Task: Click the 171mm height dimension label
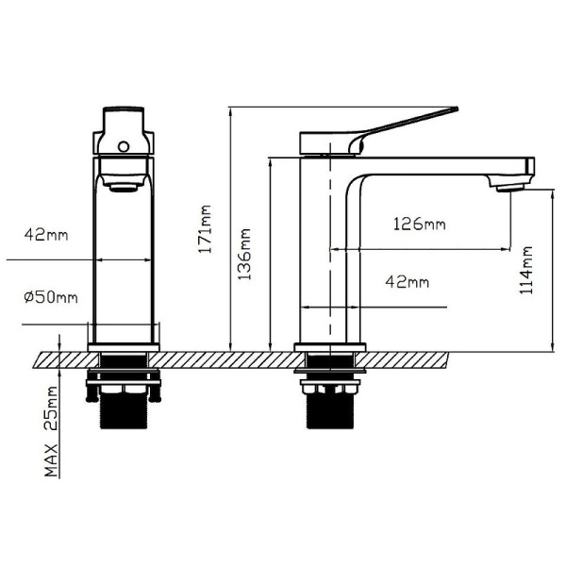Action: tap(206, 229)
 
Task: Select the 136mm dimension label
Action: tap(244, 254)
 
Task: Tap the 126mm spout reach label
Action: tap(419, 224)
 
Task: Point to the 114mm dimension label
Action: tap(526, 270)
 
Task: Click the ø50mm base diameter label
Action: tap(51, 297)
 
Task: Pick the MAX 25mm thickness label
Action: tap(51, 431)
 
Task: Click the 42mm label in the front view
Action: tap(46, 235)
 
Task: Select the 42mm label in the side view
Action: tap(408, 281)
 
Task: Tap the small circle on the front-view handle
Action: tap(124, 146)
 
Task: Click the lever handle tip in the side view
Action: tap(456, 108)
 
